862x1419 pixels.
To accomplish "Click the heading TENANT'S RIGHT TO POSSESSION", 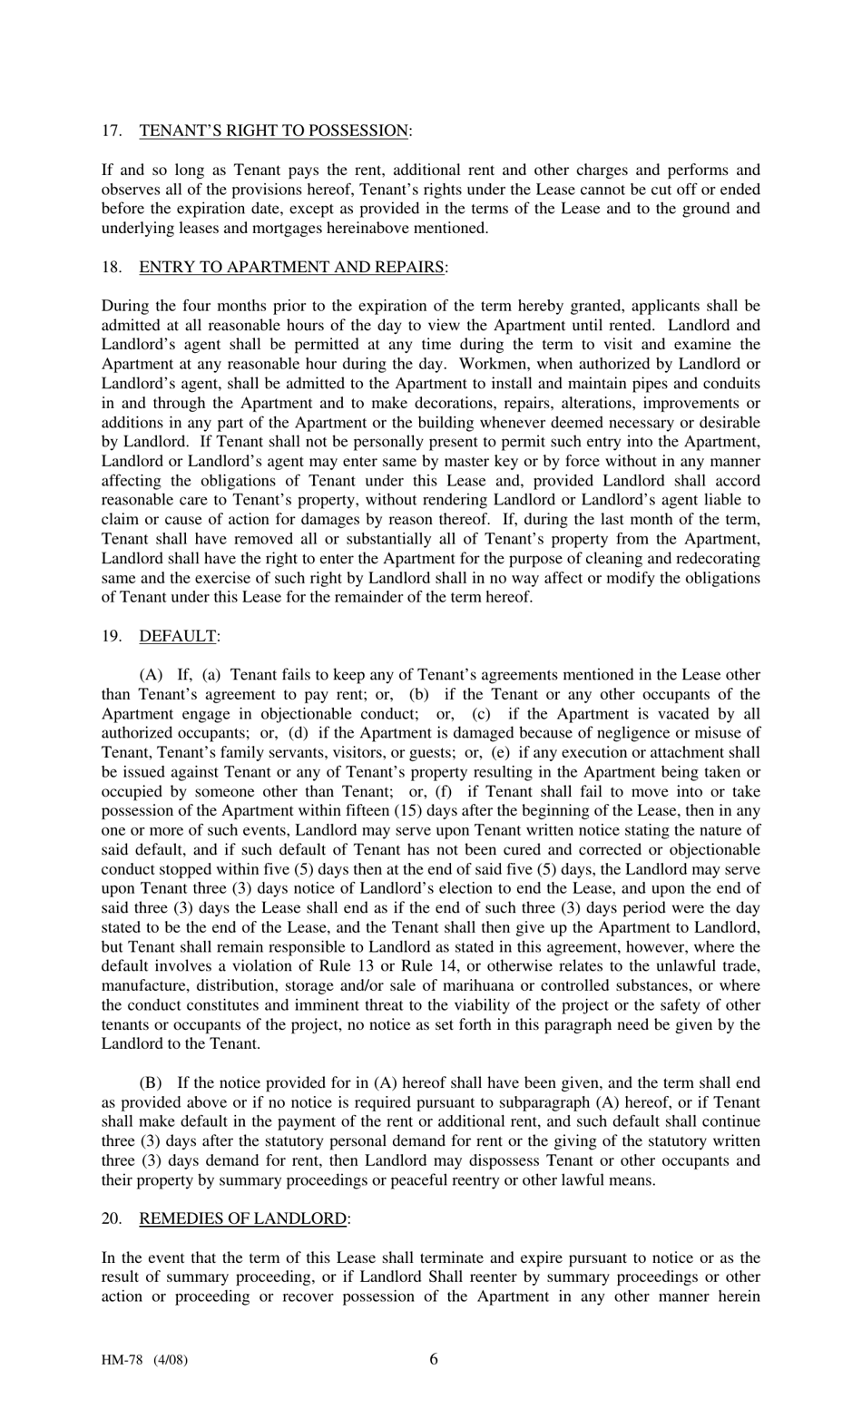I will click(x=273, y=131).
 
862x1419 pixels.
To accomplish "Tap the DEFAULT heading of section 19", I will click(x=178, y=636).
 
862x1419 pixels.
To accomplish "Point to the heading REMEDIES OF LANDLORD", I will click(x=242, y=1218).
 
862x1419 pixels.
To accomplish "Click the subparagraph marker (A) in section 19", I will click(x=152, y=675).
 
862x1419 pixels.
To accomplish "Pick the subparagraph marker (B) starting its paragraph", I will click(x=152, y=1082).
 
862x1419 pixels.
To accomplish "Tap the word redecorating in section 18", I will click(x=716, y=558).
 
